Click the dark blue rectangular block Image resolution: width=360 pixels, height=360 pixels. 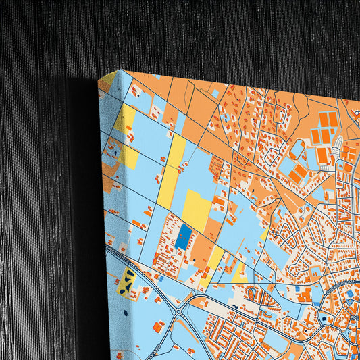pos(184,236)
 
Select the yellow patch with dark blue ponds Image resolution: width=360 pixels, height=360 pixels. pos(126,283)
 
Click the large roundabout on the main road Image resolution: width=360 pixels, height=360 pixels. pos(178,312)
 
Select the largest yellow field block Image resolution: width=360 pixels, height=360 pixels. pos(197,209)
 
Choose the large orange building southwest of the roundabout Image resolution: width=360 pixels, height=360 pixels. pos(158,327)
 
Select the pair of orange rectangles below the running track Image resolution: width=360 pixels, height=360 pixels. pos(298,174)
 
